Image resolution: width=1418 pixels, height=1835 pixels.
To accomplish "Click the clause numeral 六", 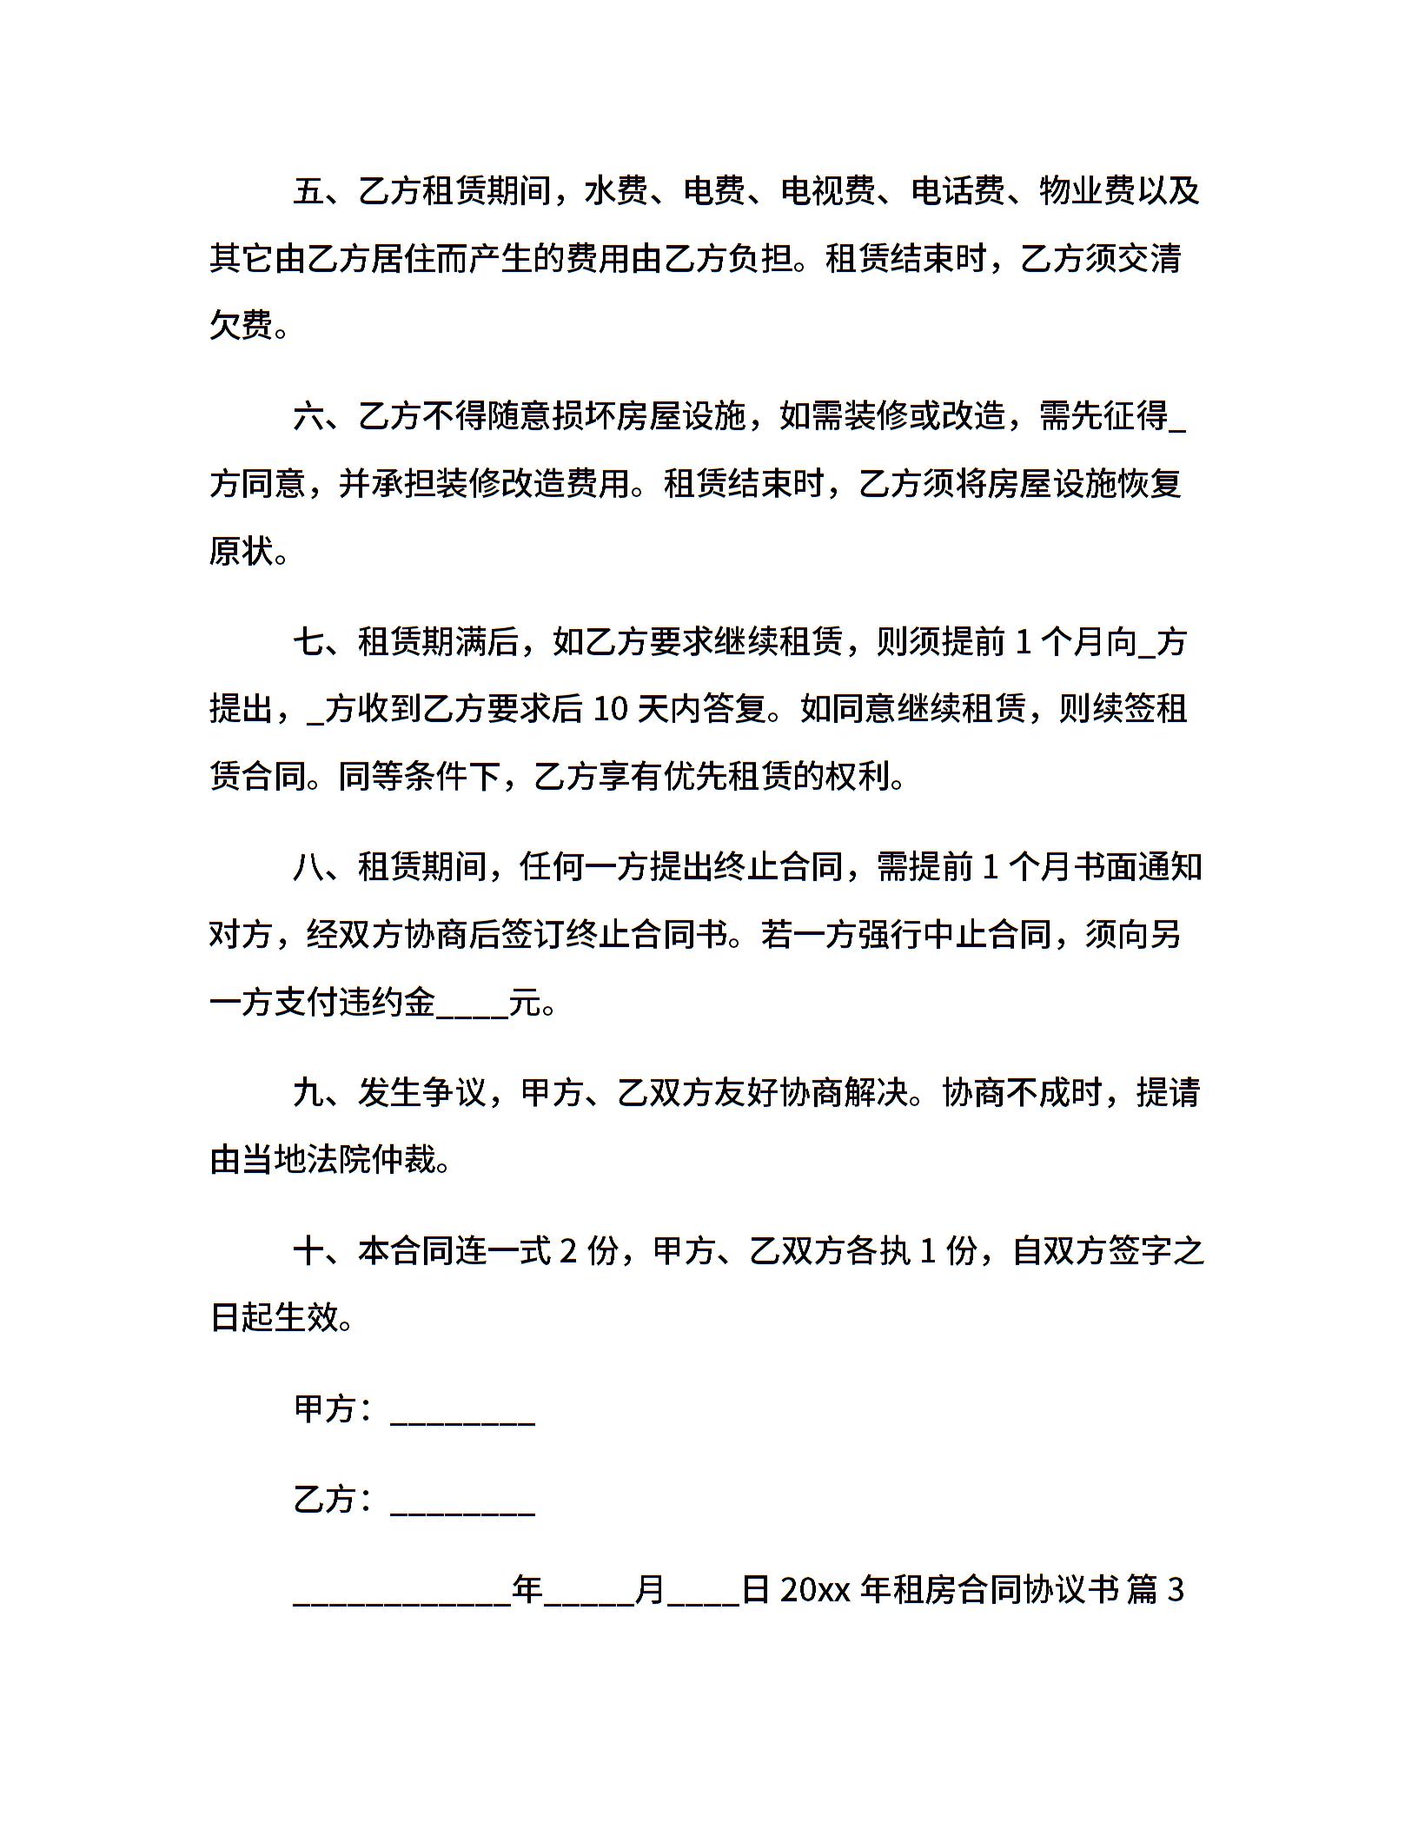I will [x=308, y=417].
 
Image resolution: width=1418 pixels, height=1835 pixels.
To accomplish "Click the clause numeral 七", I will [x=308, y=642].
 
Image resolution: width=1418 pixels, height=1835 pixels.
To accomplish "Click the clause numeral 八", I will [x=308, y=867].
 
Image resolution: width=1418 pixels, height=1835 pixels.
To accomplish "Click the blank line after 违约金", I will [x=472, y=1008].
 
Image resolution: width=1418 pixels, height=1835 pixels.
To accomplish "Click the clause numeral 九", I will [x=308, y=1093].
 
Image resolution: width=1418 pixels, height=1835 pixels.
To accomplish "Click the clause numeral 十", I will [x=308, y=1251].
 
